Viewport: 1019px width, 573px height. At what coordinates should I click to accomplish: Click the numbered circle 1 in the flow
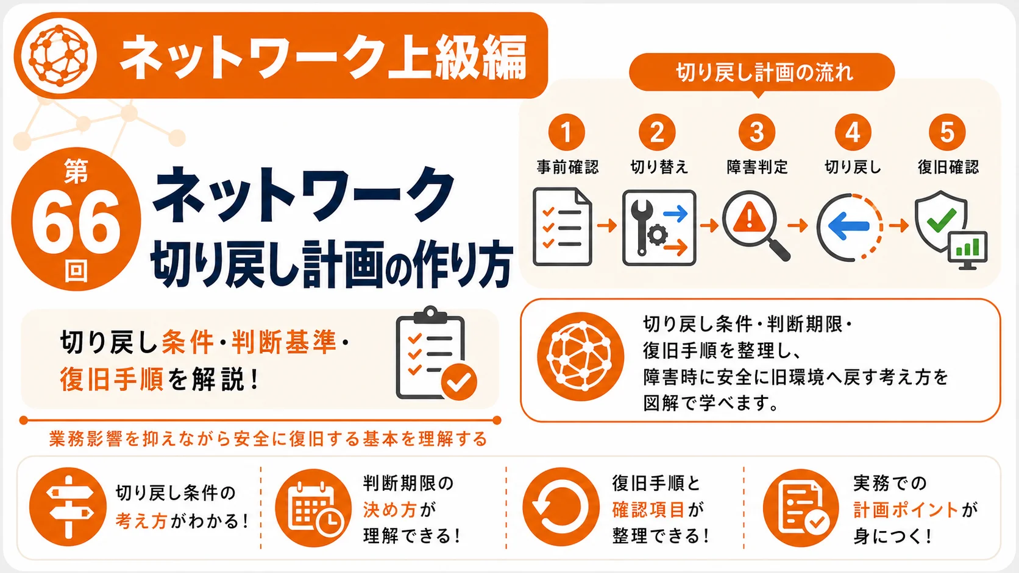pyautogui.click(x=566, y=132)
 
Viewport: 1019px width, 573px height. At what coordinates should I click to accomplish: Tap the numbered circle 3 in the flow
pyautogui.click(x=756, y=132)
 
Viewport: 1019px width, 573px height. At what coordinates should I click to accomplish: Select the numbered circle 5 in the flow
pyautogui.click(x=947, y=132)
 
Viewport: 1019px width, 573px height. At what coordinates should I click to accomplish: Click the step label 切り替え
pyautogui.click(x=659, y=167)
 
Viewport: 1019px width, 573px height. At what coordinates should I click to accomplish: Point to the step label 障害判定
pyautogui.click(x=757, y=167)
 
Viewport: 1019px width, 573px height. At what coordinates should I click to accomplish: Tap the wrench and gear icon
pyautogui.click(x=659, y=228)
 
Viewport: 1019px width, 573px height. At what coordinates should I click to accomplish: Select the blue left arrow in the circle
pyautogui.click(x=848, y=226)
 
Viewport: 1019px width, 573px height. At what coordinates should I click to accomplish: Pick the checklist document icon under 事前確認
pyautogui.click(x=563, y=227)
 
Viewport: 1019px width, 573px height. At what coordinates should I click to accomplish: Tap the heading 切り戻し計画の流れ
pyautogui.click(x=764, y=72)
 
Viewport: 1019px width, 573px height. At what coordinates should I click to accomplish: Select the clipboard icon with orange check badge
pyautogui.click(x=435, y=354)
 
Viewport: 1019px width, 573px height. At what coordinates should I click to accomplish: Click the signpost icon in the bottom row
pyautogui.click(x=68, y=507)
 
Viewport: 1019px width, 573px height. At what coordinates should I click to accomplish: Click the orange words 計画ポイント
pyautogui.click(x=906, y=510)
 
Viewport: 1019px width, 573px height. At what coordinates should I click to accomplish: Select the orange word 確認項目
pyautogui.click(x=648, y=510)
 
